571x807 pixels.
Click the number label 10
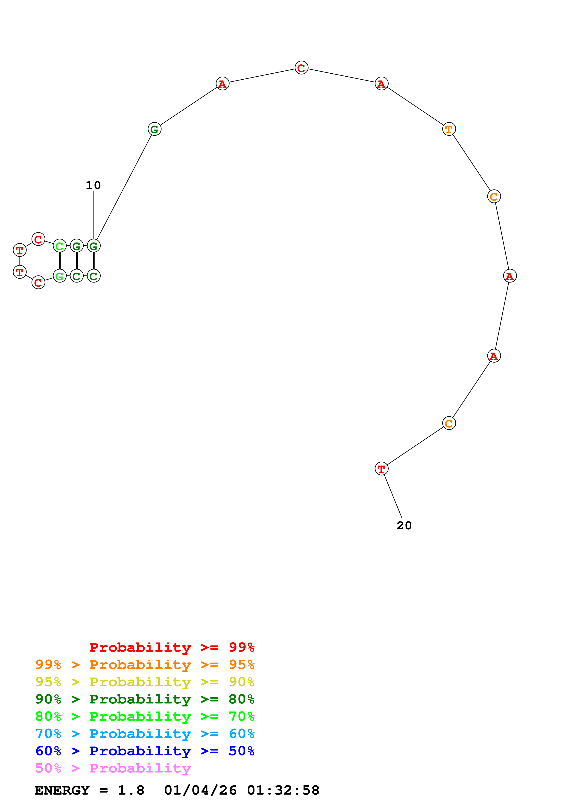click(x=93, y=185)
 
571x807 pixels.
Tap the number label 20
click(x=404, y=525)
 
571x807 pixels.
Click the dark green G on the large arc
click(x=155, y=129)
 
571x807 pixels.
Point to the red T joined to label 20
click(x=381, y=469)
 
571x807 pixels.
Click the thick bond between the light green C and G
click(x=59, y=261)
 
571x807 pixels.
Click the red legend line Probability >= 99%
click(x=172, y=647)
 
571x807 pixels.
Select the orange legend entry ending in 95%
click(x=145, y=664)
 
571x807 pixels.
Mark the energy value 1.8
click(x=131, y=790)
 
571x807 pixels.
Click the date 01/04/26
click(x=200, y=790)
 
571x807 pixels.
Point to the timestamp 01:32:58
click(x=283, y=790)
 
